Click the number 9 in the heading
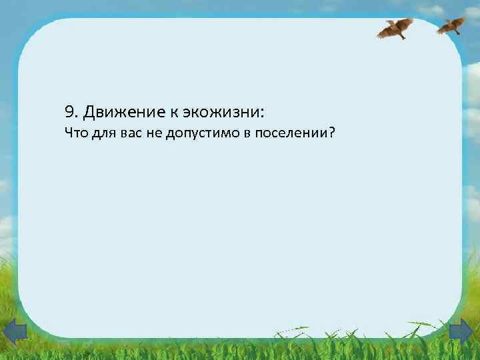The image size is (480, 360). pos(69,111)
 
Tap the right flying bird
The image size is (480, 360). pos(452,25)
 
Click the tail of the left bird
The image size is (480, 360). pos(403,37)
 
